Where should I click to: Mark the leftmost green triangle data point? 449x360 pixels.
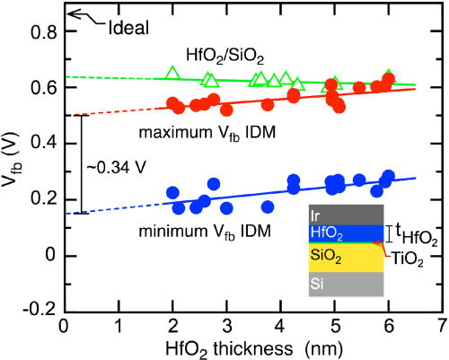[172, 73]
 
